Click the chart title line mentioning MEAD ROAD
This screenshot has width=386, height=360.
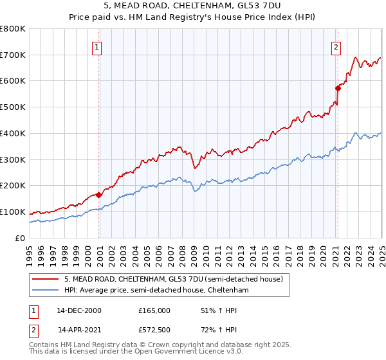tap(193, 5)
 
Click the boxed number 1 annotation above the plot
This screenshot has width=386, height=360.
tap(96, 46)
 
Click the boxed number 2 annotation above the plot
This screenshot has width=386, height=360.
tap(336, 46)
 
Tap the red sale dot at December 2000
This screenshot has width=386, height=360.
tap(99, 195)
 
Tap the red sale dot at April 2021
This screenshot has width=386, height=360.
tap(338, 88)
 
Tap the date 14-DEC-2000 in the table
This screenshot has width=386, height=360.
tap(79, 310)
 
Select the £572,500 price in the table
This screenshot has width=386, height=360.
tap(155, 330)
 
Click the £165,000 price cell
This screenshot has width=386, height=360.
tap(155, 310)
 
